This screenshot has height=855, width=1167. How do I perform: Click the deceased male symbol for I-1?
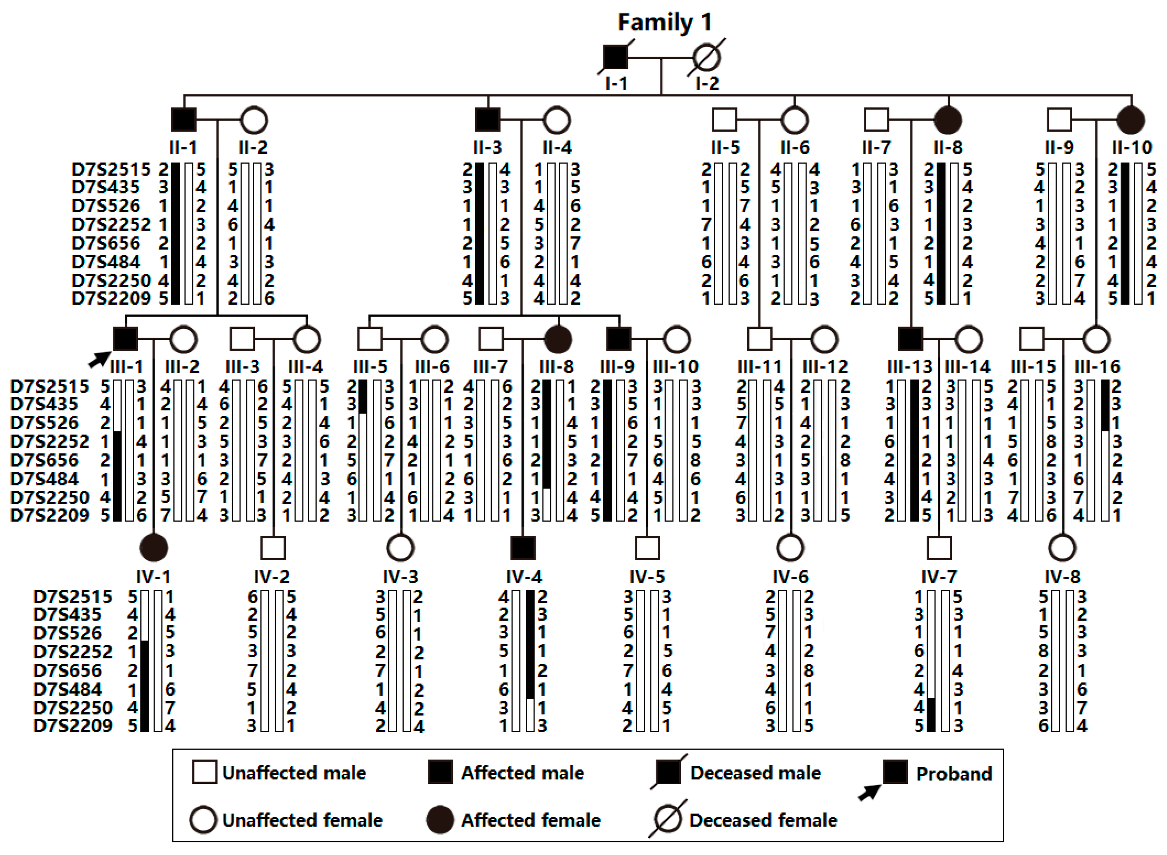point(615,57)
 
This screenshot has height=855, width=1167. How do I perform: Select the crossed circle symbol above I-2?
point(707,57)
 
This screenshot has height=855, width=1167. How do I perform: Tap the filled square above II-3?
point(488,120)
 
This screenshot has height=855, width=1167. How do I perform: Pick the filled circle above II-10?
point(1131,120)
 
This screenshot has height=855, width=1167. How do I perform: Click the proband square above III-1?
point(125,339)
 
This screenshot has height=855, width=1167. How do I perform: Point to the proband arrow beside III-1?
point(98,359)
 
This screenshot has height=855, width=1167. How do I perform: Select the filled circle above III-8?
point(558,339)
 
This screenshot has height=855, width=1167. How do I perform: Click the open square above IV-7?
point(939,548)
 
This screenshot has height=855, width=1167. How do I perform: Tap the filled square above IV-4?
point(523,548)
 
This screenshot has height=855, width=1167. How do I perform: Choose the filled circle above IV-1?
point(154,548)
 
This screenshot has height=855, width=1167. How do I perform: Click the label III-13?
point(909,366)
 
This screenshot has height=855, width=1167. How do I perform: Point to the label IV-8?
point(1062,577)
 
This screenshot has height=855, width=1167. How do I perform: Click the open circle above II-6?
point(794,120)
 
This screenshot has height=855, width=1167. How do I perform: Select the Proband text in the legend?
point(954,774)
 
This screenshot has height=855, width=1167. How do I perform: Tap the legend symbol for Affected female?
point(440,820)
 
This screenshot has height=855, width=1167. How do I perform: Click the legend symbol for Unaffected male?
point(204,772)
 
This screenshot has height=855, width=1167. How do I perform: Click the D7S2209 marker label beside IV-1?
point(72,725)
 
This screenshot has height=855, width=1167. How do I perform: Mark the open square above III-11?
point(760,339)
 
